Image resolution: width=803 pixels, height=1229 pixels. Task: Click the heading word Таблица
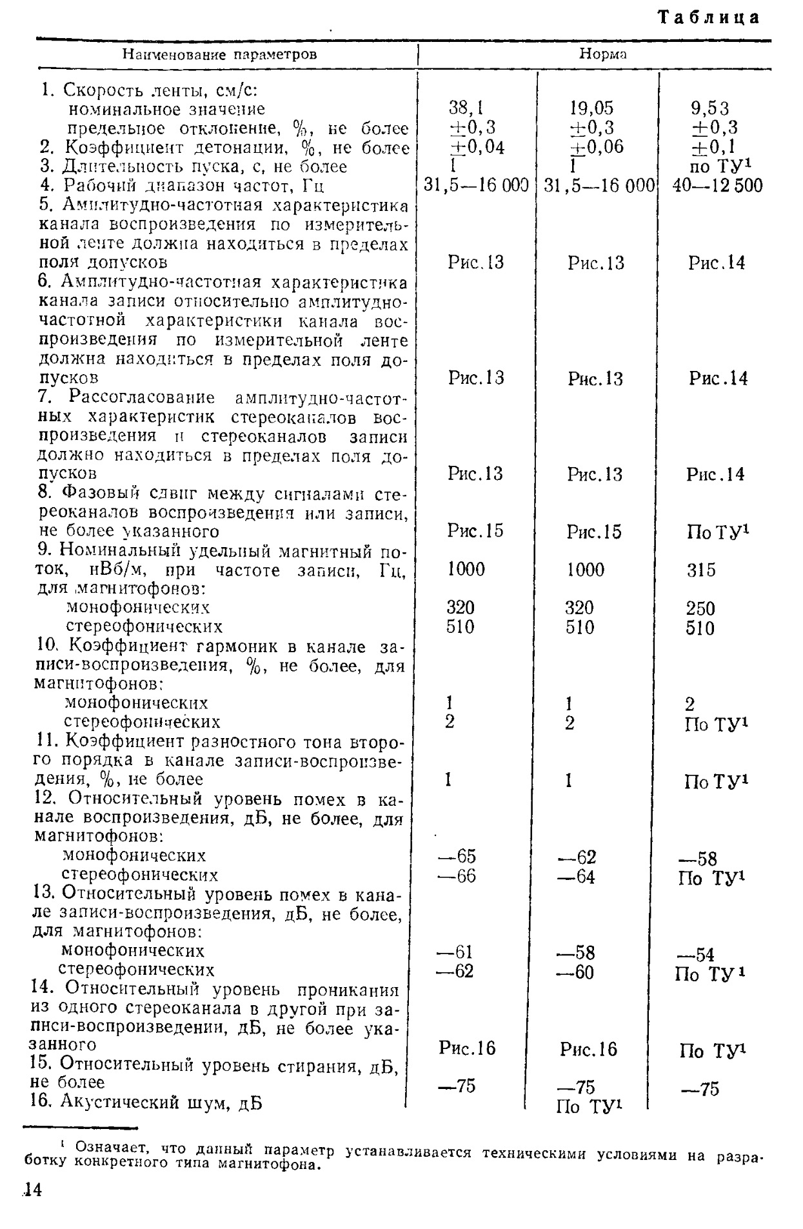tap(708, 18)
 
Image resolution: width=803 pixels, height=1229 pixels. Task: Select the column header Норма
tap(602, 54)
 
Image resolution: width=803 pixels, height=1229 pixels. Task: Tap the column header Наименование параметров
tap(220, 54)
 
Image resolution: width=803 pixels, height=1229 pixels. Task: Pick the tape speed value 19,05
tap(591, 108)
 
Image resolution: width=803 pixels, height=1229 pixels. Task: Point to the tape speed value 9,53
tap(709, 108)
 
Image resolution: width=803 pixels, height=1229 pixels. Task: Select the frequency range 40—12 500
tap(717, 186)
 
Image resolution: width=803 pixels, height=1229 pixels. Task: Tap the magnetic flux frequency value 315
tap(700, 570)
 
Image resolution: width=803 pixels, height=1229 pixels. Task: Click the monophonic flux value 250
tap(700, 608)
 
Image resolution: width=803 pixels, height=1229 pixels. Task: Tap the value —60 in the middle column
tap(576, 972)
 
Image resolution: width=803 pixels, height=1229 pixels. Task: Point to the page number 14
tap(31, 1190)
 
